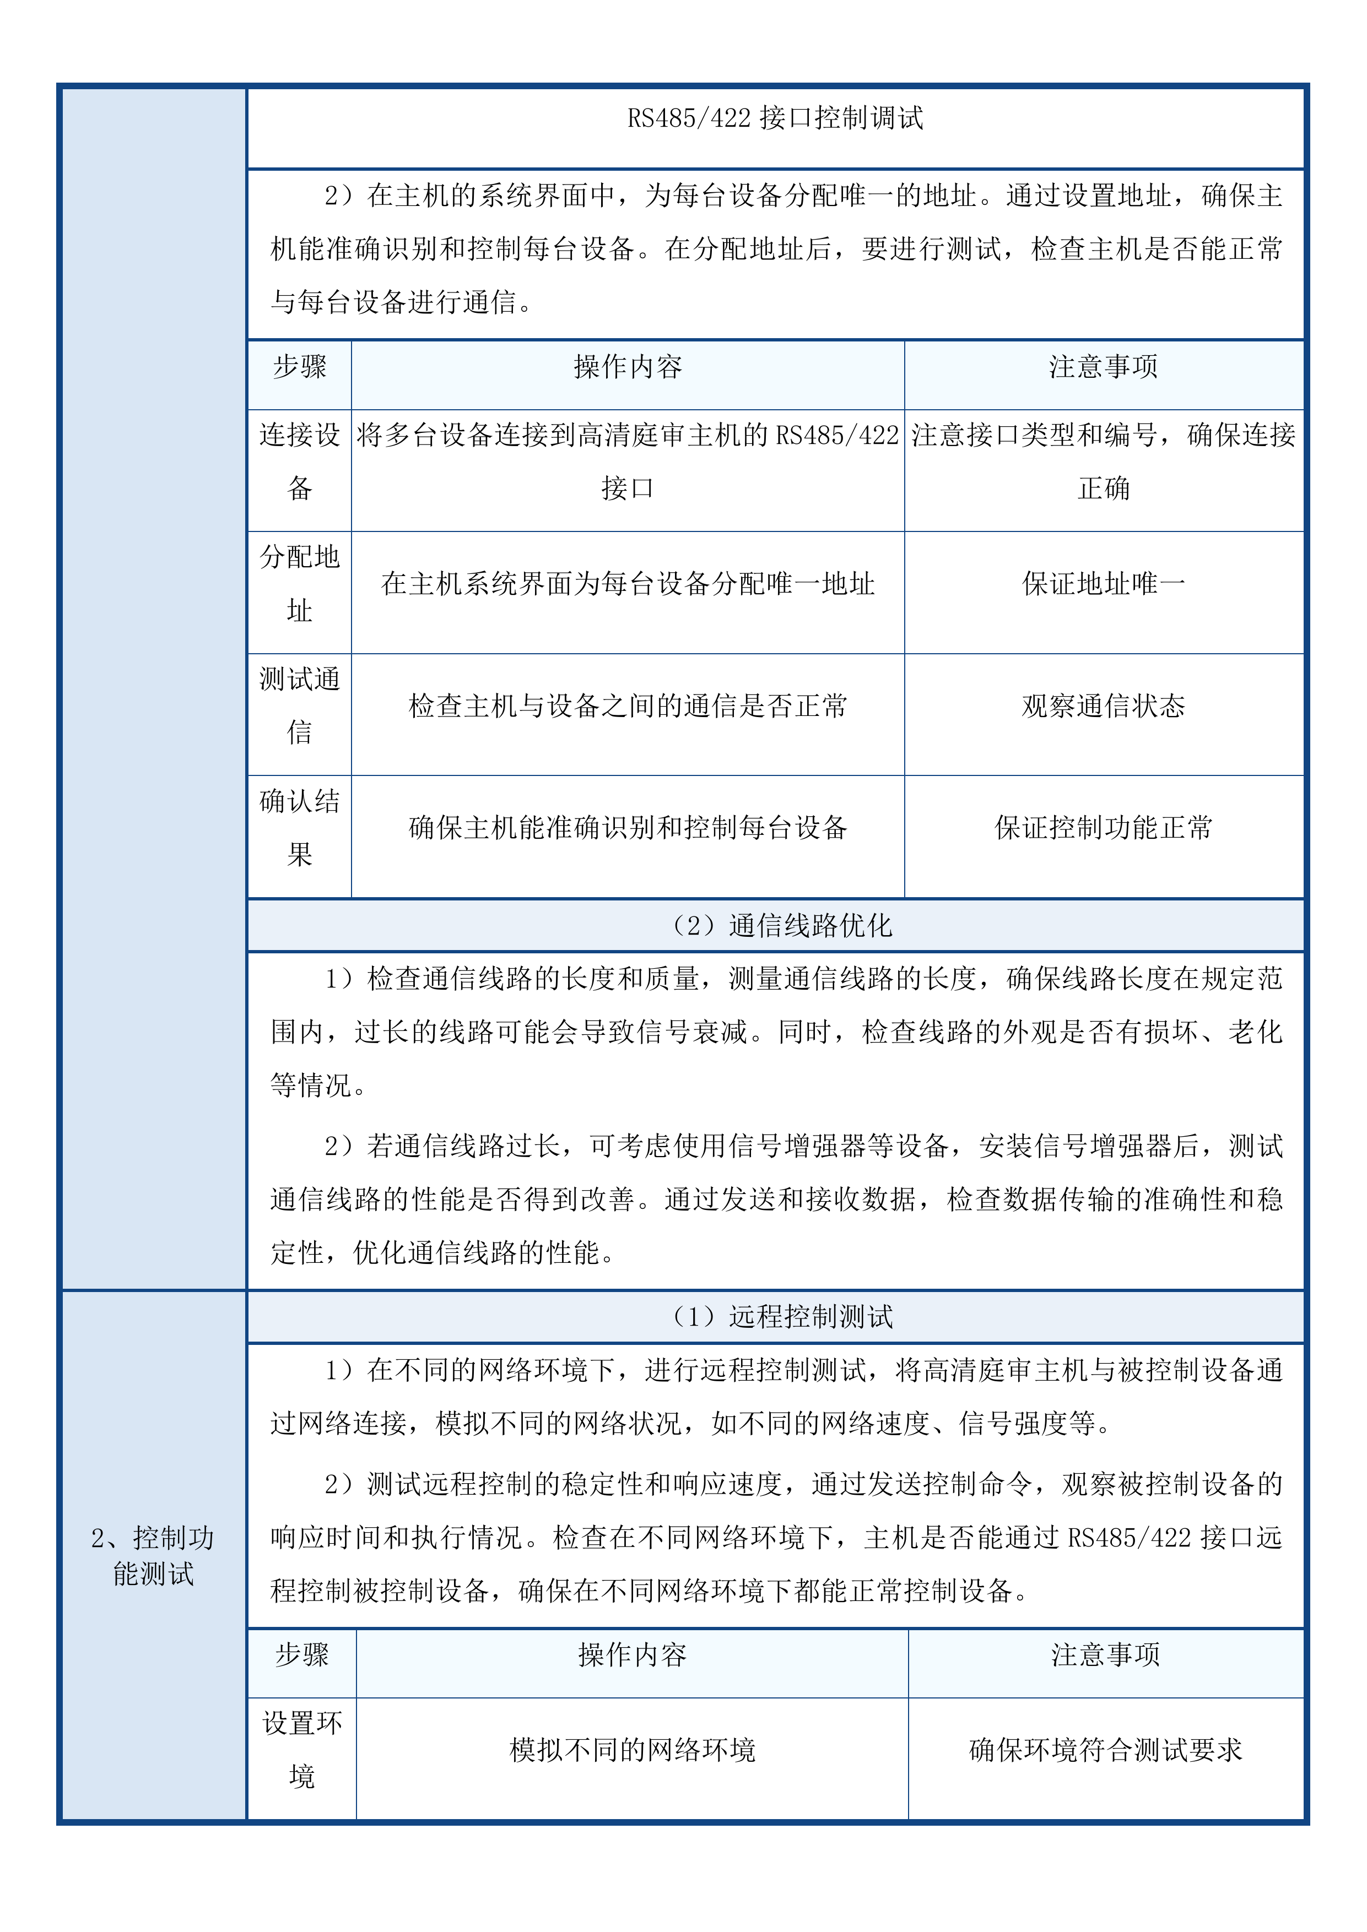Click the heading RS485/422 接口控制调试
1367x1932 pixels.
coord(775,118)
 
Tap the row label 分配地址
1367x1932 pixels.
coord(300,583)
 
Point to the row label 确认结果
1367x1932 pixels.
coord(300,827)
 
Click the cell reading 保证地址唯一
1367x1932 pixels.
coord(1104,583)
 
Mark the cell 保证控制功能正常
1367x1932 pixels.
coord(1104,827)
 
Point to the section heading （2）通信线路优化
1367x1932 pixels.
coord(775,926)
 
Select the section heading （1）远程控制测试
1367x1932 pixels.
coord(775,1316)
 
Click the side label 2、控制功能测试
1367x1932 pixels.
coord(153,1555)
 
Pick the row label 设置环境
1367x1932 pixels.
coord(301,1749)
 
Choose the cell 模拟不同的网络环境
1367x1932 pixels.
coord(632,1749)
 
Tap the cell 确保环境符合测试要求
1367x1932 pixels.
coord(1105,1749)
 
